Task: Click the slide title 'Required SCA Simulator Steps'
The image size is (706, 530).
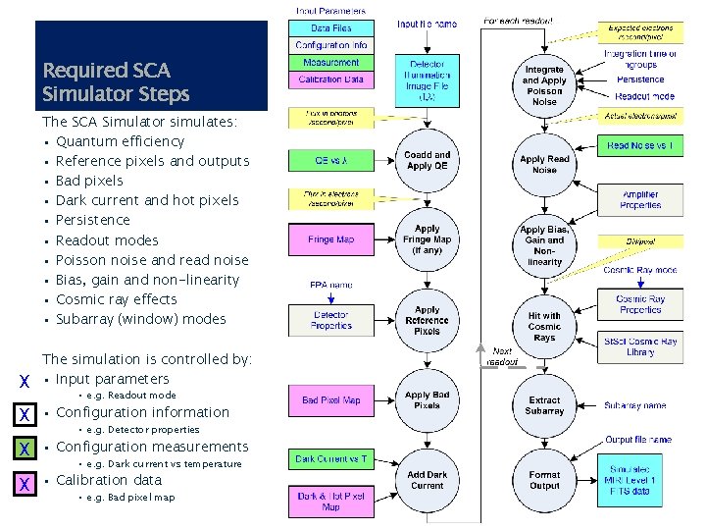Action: click(x=116, y=82)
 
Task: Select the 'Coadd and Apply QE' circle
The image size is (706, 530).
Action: click(x=428, y=161)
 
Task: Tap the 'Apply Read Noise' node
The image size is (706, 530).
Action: click(x=544, y=164)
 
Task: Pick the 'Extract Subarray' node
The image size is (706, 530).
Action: click(x=544, y=405)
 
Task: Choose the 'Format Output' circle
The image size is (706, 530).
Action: click(x=544, y=481)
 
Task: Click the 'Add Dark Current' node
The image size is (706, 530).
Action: click(x=428, y=480)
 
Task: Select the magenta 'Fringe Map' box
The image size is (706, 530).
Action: click(x=331, y=238)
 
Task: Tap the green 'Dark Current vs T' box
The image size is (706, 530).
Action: click(x=331, y=458)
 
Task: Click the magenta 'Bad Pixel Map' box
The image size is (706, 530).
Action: click(x=331, y=400)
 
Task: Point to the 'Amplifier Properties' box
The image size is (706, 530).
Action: click(x=640, y=200)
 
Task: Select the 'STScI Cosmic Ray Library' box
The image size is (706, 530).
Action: click(x=640, y=347)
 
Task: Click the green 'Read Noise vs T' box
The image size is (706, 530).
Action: click(x=640, y=146)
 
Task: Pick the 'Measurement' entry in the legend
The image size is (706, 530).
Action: click(x=331, y=62)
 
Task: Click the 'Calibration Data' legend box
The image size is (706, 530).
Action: click(x=331, y=79)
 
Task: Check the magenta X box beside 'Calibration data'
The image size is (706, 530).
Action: click(x=22, y=483)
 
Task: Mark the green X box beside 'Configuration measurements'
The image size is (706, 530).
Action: click(x=22, y=450)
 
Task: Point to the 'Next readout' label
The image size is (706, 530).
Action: click(x=502, y=355)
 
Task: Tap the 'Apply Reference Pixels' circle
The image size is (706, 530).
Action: click(x=428, y=320)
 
